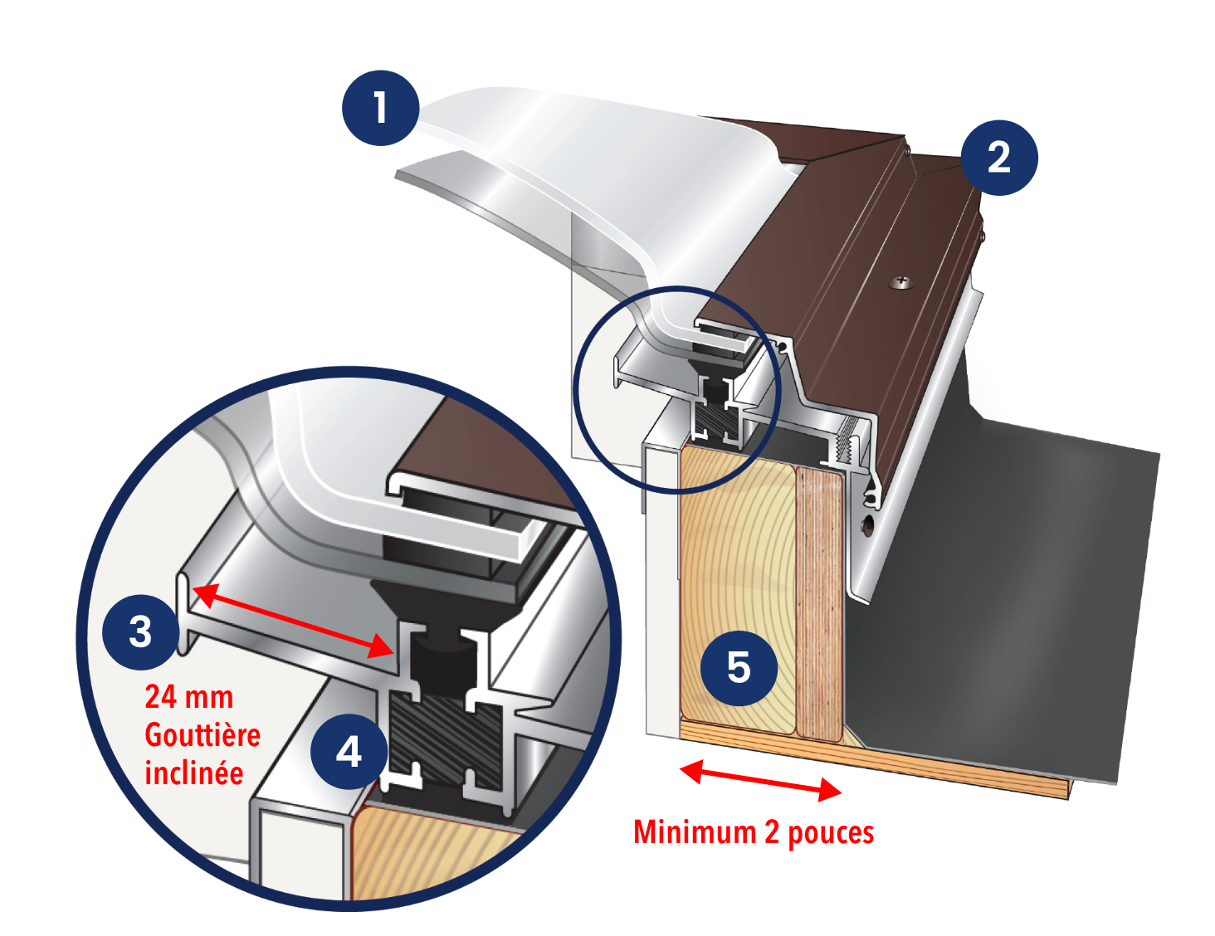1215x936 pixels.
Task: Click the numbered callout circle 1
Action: pyautogui.click(x=381, y=108)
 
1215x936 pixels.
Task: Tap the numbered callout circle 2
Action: pyautogui.click(x=999, y=158)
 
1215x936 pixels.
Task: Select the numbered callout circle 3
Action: pyautogui.click(x=141, y=632)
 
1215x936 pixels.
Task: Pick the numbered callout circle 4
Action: pyautogui.click(x=349, y=752)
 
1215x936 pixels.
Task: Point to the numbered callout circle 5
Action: pyautogui.click(x=739, y=667)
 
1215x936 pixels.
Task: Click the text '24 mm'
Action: pyautogui.click(x=189, y=697)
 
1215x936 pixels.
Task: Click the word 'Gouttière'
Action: pyautogui.click(x=202, y=735)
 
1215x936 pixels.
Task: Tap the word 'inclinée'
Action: pyautogui.click(x=194, y=773)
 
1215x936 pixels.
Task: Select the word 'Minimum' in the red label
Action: pyautogui.click(x=695, y=832)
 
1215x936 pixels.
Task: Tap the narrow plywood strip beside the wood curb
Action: pyautogui.click(x=819, y=603)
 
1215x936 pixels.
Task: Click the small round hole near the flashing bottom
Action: pyautogui.click(x=867, y=526)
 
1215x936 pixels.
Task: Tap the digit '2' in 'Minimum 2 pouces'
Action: pyautogui.click(x=772, y=832)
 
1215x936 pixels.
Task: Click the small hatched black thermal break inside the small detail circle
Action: pyautogui.click(x=717, y=420)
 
